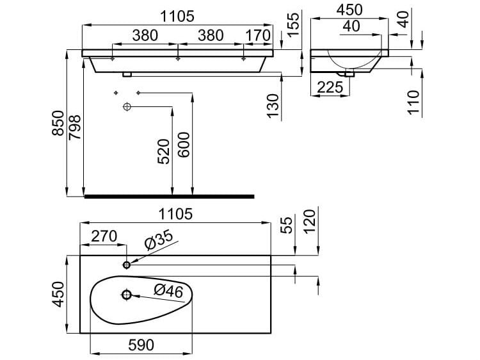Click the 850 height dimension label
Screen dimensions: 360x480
coord(58,123)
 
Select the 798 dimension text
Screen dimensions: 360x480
coord(75,127)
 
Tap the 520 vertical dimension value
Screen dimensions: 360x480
coord(164,151)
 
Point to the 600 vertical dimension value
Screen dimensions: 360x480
coord(184,151)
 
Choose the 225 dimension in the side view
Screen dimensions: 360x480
coord(328,87)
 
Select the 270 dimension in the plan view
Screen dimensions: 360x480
coord(104,236)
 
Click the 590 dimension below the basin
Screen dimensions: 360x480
coord(140,345)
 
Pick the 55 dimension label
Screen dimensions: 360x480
coord(288,224)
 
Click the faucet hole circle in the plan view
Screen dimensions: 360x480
coord(126,264)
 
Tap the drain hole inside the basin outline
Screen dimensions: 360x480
coord(126,295)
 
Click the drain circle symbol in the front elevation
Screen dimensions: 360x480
coord(127,106)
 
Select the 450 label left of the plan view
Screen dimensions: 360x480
coord(58,295)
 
